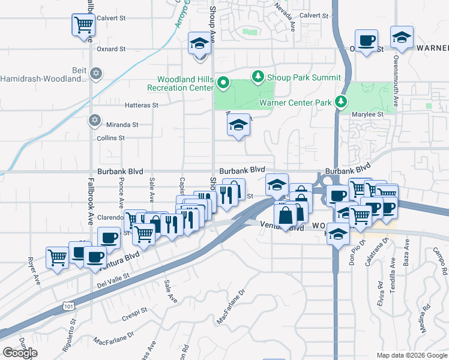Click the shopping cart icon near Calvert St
[x=83, y=25]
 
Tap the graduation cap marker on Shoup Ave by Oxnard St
[x=200, y=44]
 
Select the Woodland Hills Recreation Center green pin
[x=223, y=82]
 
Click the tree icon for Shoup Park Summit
[x=258, y=76]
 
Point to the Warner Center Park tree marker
[x=341, y=101]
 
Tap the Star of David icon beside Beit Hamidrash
[x=96, y=74]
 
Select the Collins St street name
[x=110, y=138]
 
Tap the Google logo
[x=20, y=353]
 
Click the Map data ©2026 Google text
[x=411, y=355]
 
